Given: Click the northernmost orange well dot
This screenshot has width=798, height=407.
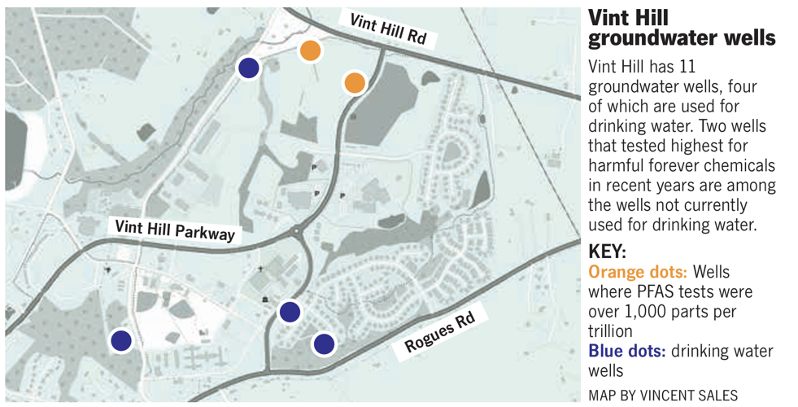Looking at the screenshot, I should coord(310,50).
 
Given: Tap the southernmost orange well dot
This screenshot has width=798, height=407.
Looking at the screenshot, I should coord(355,82).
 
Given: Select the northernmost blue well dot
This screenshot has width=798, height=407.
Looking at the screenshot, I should coord(249,68).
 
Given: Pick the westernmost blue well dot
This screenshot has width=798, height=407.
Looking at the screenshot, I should coord(121,340).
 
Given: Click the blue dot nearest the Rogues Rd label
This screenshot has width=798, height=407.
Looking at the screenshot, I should coord(324,344).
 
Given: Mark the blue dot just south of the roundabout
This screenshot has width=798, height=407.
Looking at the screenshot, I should coord(290,311).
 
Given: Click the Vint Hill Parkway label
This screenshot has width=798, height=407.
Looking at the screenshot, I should coord(175,230).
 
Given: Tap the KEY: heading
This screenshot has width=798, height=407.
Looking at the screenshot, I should coord(608,252).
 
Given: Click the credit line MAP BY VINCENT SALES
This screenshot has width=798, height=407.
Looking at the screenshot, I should coord(662,396).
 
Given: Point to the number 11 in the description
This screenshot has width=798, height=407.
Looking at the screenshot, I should coord(684,67).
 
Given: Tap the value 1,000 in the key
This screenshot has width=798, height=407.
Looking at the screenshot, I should coord(638,311).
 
